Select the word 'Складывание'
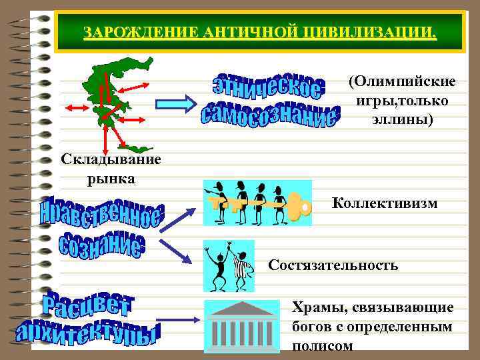[x=111, y=161]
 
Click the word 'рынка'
[x=111, y=178]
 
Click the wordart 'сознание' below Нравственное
[x=101, y=247]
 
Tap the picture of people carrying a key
[x=257, y=203]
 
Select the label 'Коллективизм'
[x=385, y=203]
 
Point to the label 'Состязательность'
[x=333, y=265]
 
